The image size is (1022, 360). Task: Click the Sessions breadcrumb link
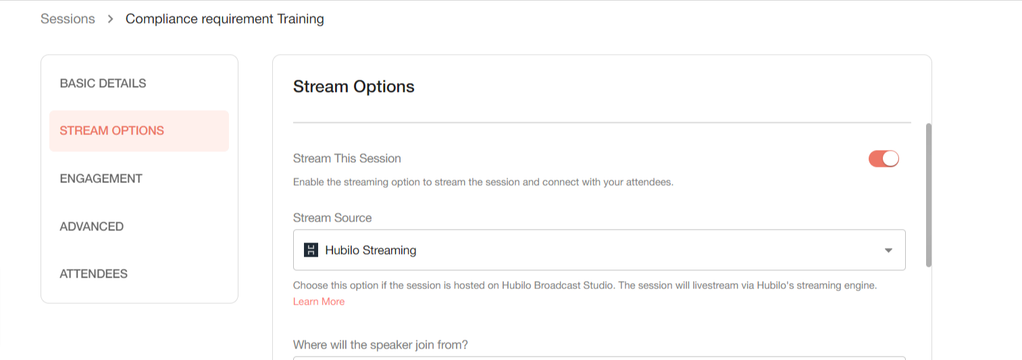68,19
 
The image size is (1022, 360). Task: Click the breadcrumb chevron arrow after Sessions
110,19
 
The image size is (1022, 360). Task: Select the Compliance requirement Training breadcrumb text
224,19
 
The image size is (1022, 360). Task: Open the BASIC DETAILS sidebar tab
103,84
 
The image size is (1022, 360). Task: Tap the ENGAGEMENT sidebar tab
101,178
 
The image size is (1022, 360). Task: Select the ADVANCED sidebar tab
92,226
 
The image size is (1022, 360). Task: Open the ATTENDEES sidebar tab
93,274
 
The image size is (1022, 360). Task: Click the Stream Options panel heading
353,86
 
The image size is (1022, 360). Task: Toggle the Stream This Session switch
884,159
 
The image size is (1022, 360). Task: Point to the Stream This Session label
347,158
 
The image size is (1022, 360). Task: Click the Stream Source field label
332,217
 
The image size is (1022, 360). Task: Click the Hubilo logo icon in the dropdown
311,250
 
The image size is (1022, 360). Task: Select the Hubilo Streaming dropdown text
370,250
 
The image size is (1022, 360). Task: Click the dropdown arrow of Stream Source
888,250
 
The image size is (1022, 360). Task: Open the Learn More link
318,302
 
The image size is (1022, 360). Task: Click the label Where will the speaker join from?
380,344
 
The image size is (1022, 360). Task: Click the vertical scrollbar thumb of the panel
929,195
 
